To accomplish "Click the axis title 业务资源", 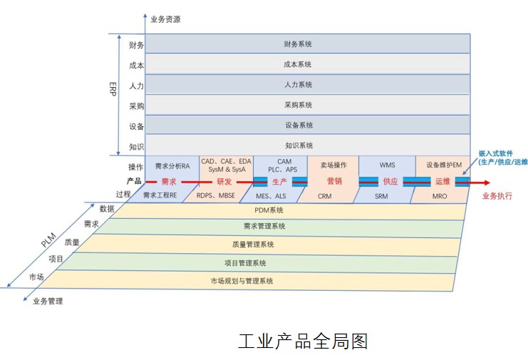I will pos(165,19).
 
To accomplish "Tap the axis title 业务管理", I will pos(48,301).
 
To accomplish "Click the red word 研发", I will pos(224,181).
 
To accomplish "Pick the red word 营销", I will pos(333,181).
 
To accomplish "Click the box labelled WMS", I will pos(387,165).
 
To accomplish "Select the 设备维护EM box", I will pos(443,165).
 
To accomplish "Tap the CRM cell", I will pos(324,195).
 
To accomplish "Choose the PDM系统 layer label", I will pos(269,210).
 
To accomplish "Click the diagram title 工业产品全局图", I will pos(302,341).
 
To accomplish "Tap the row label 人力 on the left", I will pos(136,86).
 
